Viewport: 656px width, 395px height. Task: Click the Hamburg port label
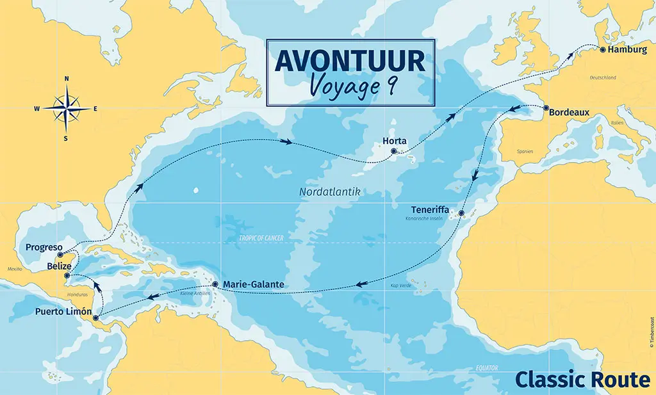pos(628,49)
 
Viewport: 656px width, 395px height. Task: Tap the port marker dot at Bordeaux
pos(546,108)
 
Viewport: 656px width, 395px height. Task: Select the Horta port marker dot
pos(393,152)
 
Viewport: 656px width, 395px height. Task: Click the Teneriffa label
pos(436,210)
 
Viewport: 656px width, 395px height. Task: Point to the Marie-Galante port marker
pos(215,284)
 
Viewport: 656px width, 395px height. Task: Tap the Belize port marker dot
pos(67,276)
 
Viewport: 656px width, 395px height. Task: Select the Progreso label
pos(43,247)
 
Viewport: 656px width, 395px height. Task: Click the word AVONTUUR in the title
pos(350,61)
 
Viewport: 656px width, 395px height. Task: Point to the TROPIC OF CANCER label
pos(261,238)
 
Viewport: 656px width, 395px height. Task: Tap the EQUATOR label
pos(487,367)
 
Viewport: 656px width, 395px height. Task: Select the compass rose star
pos(67,108)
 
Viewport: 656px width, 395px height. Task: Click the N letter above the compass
pos(67,79)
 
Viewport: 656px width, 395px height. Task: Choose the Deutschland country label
pos(602,77)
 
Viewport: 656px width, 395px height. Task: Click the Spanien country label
pos(524,152)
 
